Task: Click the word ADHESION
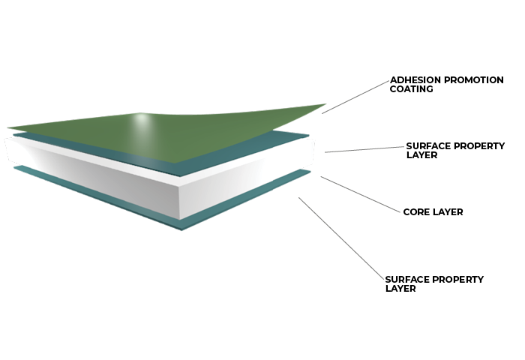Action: point(415,80)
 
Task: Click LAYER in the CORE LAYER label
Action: point(448,212)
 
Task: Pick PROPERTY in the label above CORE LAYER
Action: point(480,146)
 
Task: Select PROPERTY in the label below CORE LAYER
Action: point(459,279)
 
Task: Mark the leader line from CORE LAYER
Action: point(360,194)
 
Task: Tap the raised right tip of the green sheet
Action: point(322,105)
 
